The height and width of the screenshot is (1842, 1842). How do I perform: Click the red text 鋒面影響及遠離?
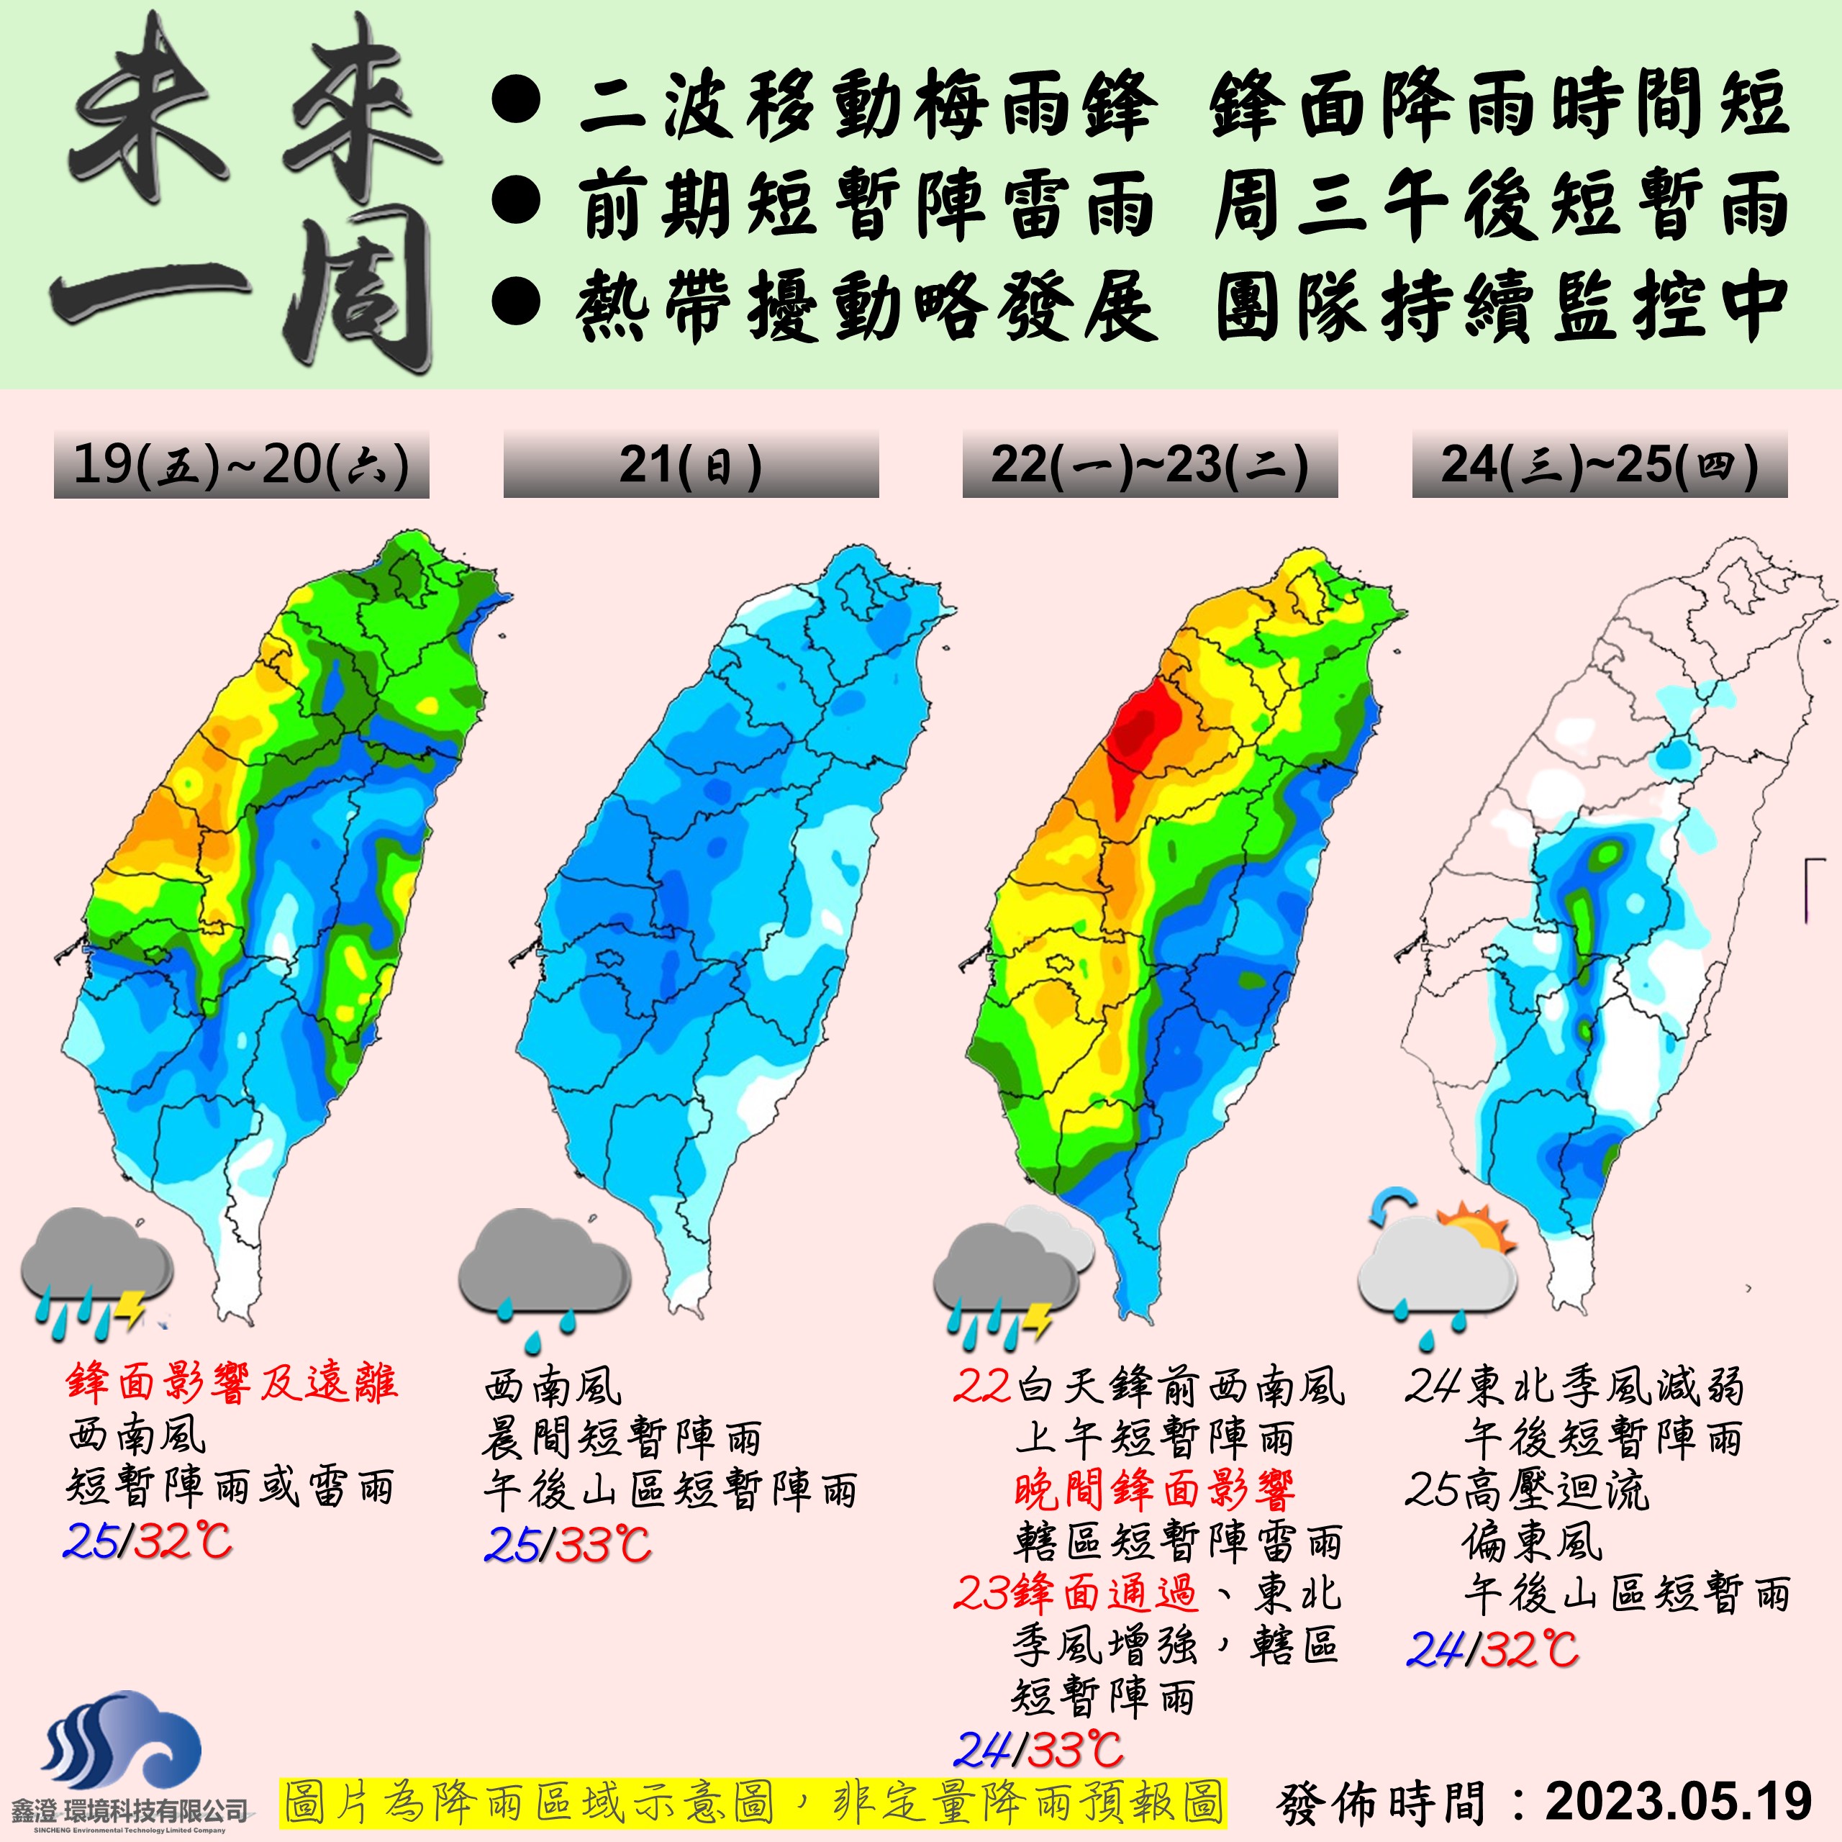point(232,1384)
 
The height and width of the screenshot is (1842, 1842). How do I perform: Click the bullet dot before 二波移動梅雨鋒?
point(517,102)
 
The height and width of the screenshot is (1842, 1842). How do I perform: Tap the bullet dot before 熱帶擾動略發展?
point(517,303)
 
